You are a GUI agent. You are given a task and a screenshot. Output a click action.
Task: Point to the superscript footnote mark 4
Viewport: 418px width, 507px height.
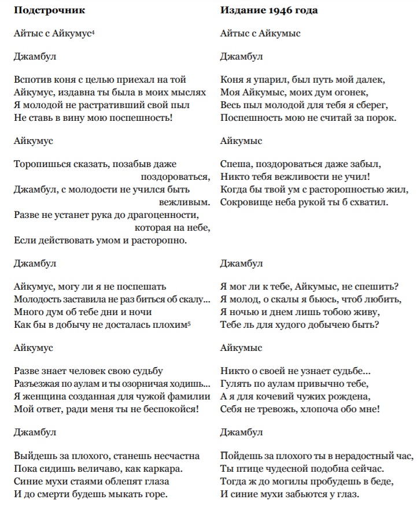click(x=93, y=32)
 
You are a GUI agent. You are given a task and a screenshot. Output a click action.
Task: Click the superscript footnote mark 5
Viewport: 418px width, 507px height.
click(x=189, y=324)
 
